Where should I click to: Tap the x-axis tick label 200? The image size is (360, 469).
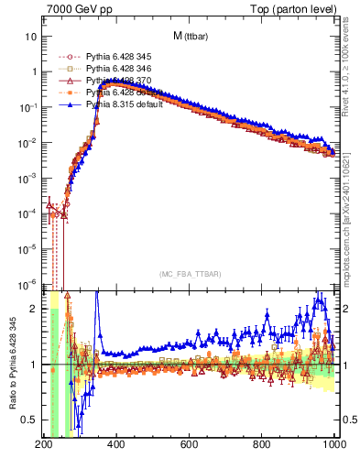pyautogui.click(x=43, y=444)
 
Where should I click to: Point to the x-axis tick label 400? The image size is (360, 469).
pyautogui.click(x=116, y=444)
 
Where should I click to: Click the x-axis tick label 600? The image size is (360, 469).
pyautogui.click(x=190, y=444)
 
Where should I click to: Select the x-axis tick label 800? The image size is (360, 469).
pyautogui.click(x=263, y=444)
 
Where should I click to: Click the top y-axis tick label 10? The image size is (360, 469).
pyautogui.click(x=31, y=37)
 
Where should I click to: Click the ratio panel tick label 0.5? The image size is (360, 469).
pyautogui.click(x=29, y=420)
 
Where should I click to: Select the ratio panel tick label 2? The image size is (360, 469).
pyautogui.click(x=34, y=309)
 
